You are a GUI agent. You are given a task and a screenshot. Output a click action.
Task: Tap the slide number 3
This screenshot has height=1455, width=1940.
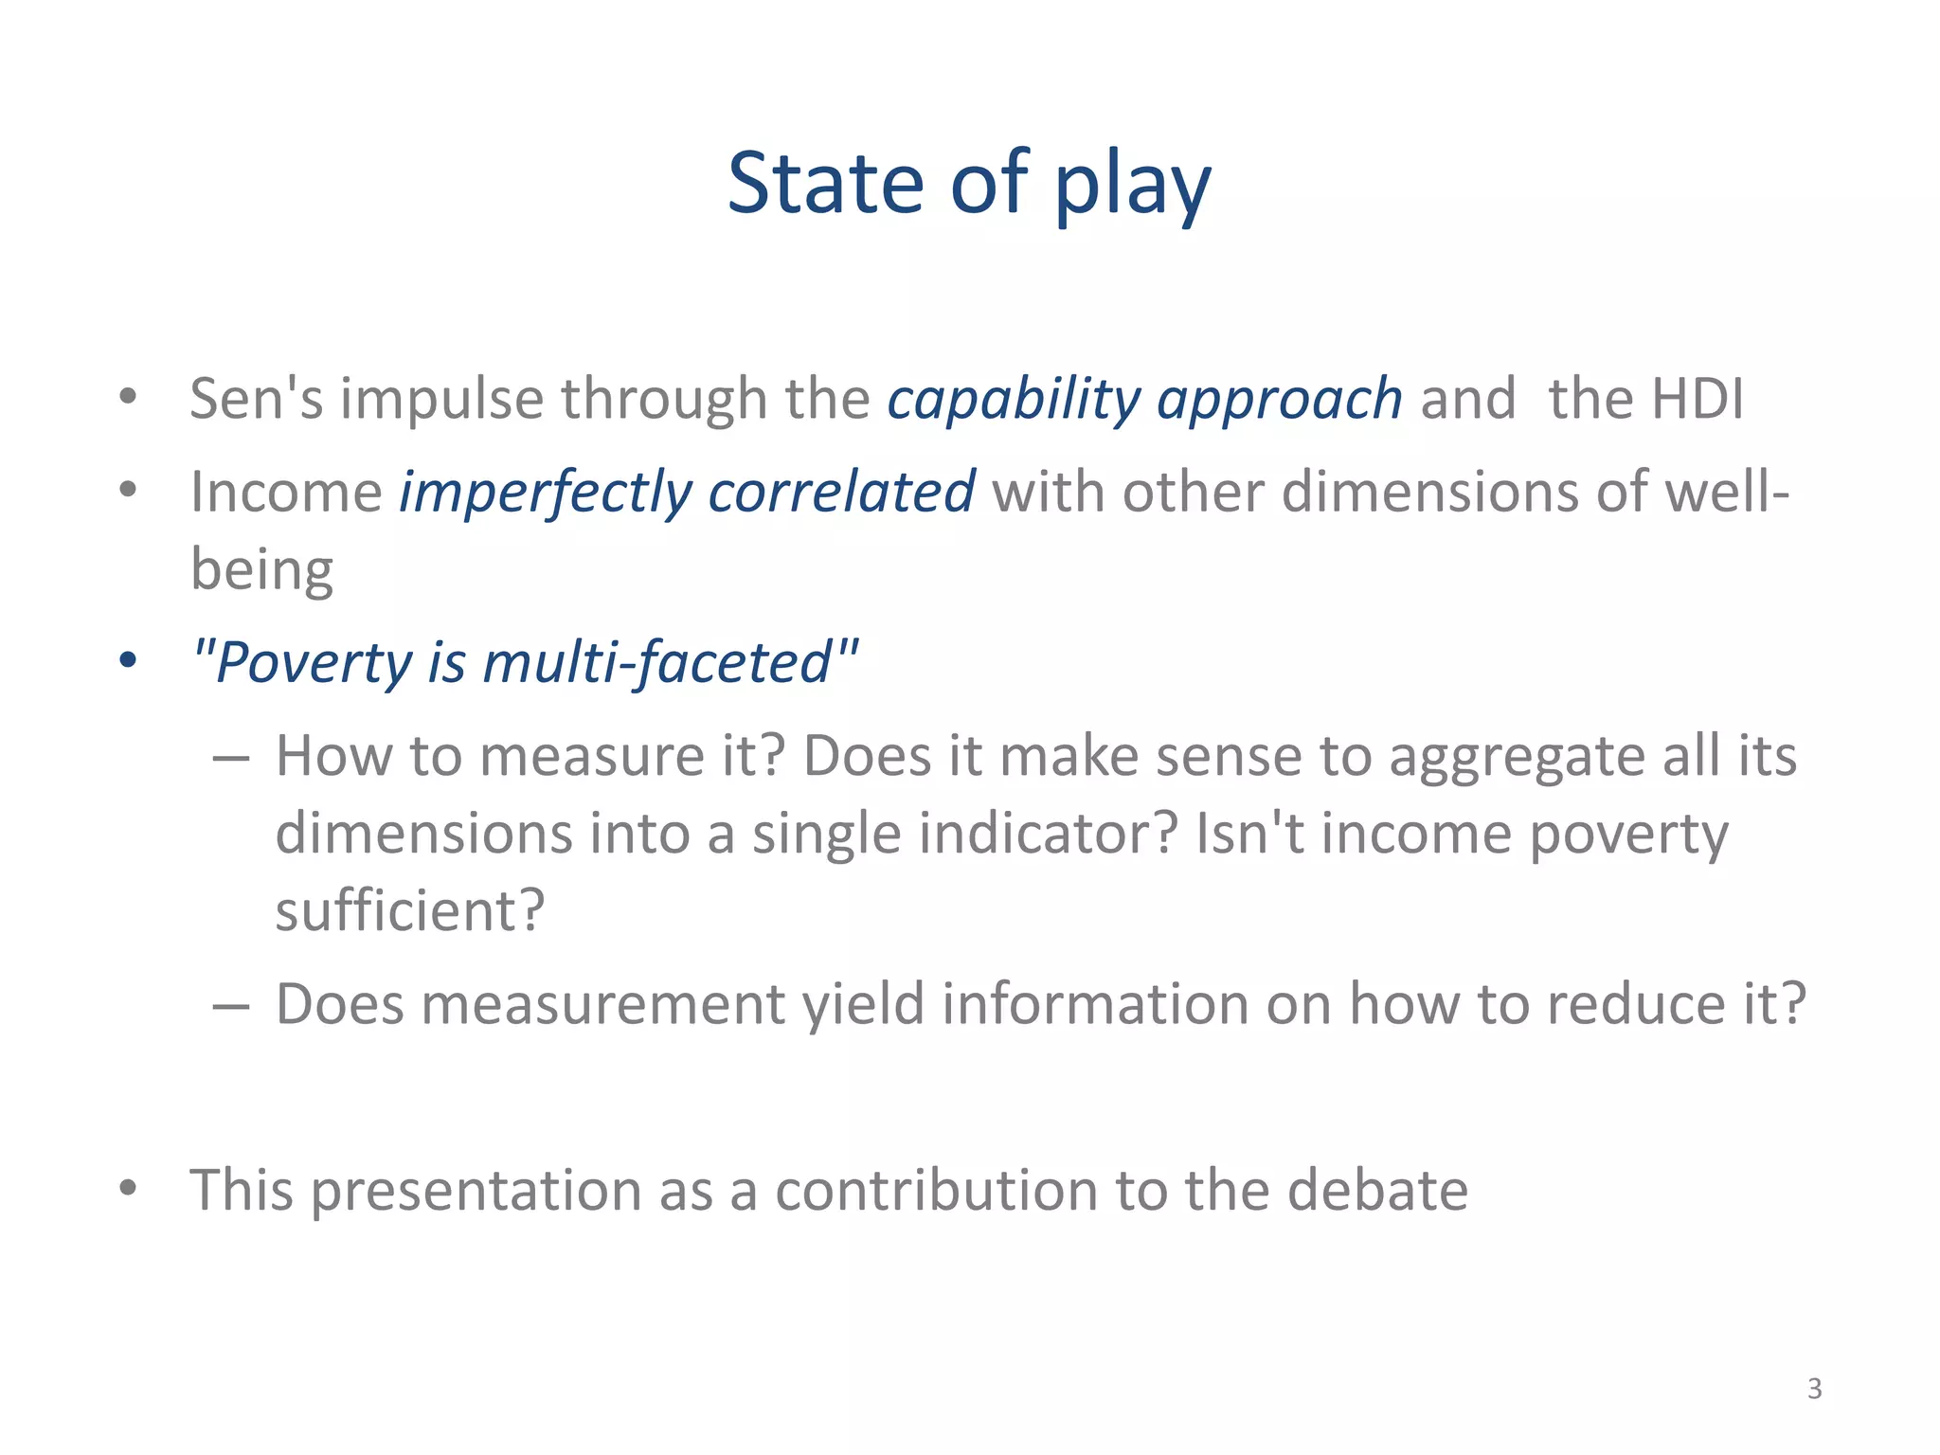coord(1814,1389)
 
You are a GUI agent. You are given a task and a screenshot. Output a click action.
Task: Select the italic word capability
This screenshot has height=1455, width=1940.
coord(1013,400)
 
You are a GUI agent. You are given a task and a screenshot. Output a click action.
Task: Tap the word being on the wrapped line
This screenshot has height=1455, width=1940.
coord(261,570)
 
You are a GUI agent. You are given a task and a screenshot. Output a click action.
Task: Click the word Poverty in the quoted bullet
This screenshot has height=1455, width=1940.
coord(313,662)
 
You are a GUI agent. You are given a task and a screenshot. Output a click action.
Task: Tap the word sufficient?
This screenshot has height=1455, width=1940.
coord(410,911)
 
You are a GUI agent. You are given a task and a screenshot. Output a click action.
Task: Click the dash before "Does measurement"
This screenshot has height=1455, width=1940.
coord(231,1005)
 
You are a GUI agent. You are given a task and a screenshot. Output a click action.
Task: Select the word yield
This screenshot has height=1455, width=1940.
coord(862,1005)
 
